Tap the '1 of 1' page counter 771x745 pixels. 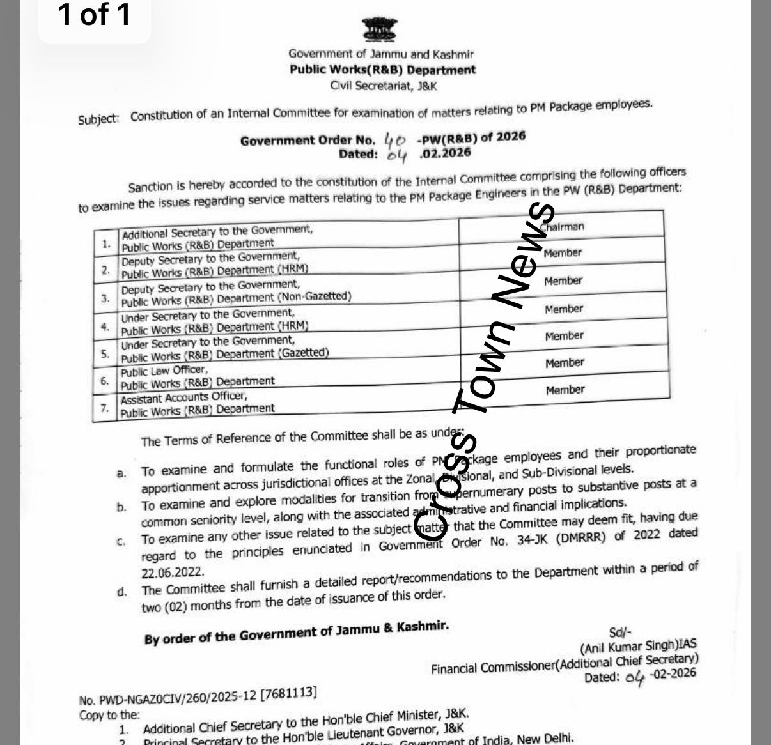(95, 15)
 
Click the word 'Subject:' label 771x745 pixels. (98, 119)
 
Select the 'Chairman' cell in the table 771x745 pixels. (563, 227)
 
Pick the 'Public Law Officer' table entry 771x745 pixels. (164, 371)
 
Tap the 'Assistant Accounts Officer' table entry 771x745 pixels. (183, 397)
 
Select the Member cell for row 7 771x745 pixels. (565, 390)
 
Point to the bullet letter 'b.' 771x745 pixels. (121, 507)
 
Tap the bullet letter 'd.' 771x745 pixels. (122, 592)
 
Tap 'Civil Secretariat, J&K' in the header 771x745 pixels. (384, 85)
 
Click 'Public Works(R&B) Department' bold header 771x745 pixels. (382, 70)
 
